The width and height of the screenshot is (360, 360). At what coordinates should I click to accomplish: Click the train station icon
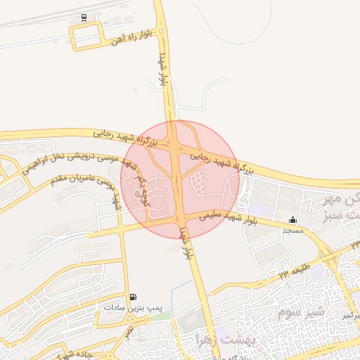[84, 17]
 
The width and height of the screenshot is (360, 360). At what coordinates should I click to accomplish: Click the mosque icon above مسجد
[292, 220]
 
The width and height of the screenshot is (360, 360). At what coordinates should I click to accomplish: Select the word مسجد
[292, 231]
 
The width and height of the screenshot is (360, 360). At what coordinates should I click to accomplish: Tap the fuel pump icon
[134, 297]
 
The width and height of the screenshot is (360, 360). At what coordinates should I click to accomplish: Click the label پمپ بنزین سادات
[134, 308]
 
